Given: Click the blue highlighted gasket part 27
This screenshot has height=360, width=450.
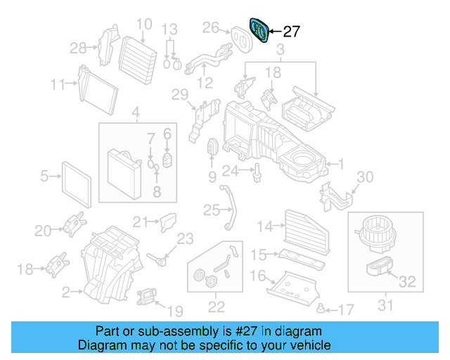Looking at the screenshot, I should click(x=259, y=30).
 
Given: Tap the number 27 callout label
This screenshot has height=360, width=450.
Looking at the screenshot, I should click(x=291, y=32).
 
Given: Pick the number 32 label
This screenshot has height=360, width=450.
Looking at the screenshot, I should click(x=407, y=283).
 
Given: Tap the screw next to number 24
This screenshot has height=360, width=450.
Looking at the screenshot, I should click(x=258, y=171).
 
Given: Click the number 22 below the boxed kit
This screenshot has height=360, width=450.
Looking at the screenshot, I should click(x=216, y=307).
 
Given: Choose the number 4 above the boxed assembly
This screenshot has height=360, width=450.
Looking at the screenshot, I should click(x=136, y=112).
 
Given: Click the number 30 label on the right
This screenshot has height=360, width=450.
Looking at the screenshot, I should click(x=365, y=176).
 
